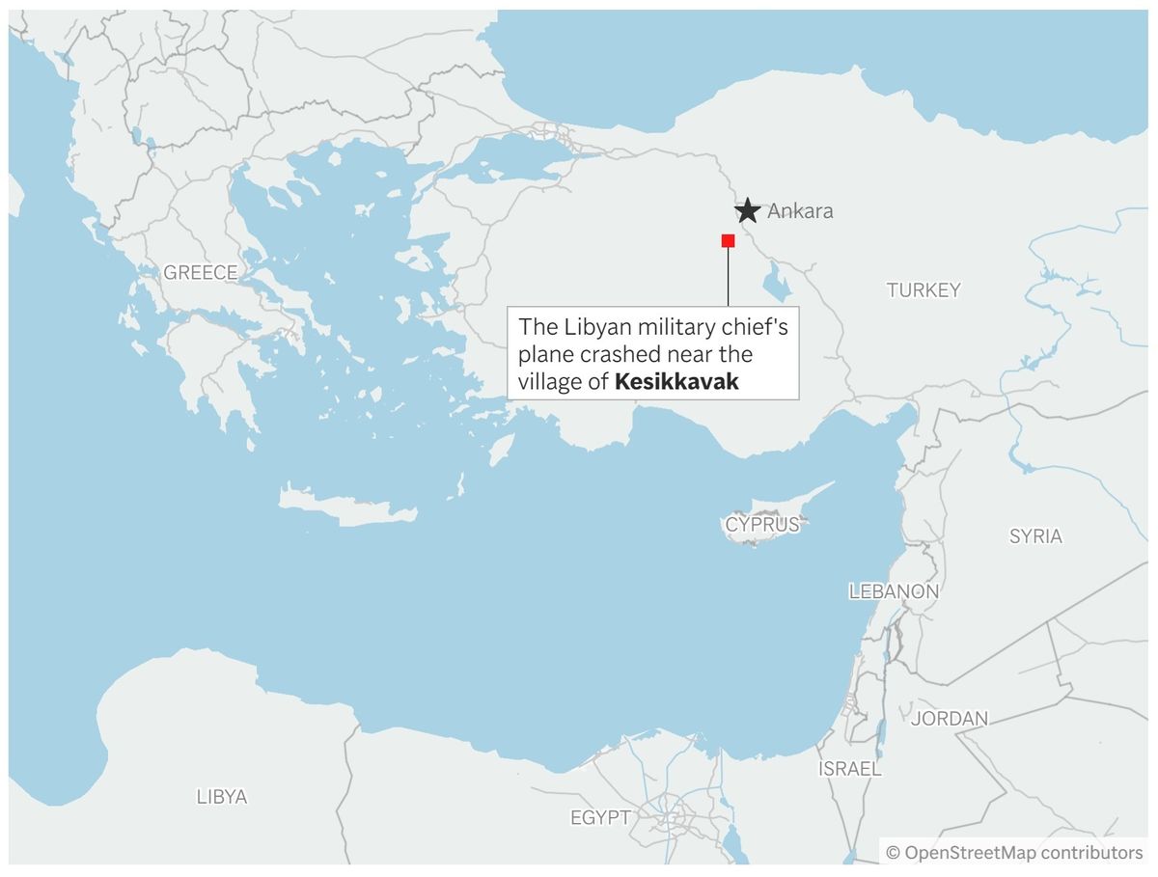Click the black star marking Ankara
tap(747, 210)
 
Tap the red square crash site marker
tap(729, 240)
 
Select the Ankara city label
tap(800, 211)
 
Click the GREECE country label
tap(200, 273)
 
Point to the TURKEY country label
tap(924, 289)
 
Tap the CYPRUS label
tap(763, 525)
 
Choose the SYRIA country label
tap(1035, 536)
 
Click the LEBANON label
tap(894, 591)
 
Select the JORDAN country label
tap(950, 718)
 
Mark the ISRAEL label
tap(849, 769)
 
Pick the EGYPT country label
tap(599, 818)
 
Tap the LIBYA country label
tap(222, 797)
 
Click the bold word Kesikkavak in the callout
tap(676, 382)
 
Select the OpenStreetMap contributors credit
tap(1014, 853)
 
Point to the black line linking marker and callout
tap(729, 280)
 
